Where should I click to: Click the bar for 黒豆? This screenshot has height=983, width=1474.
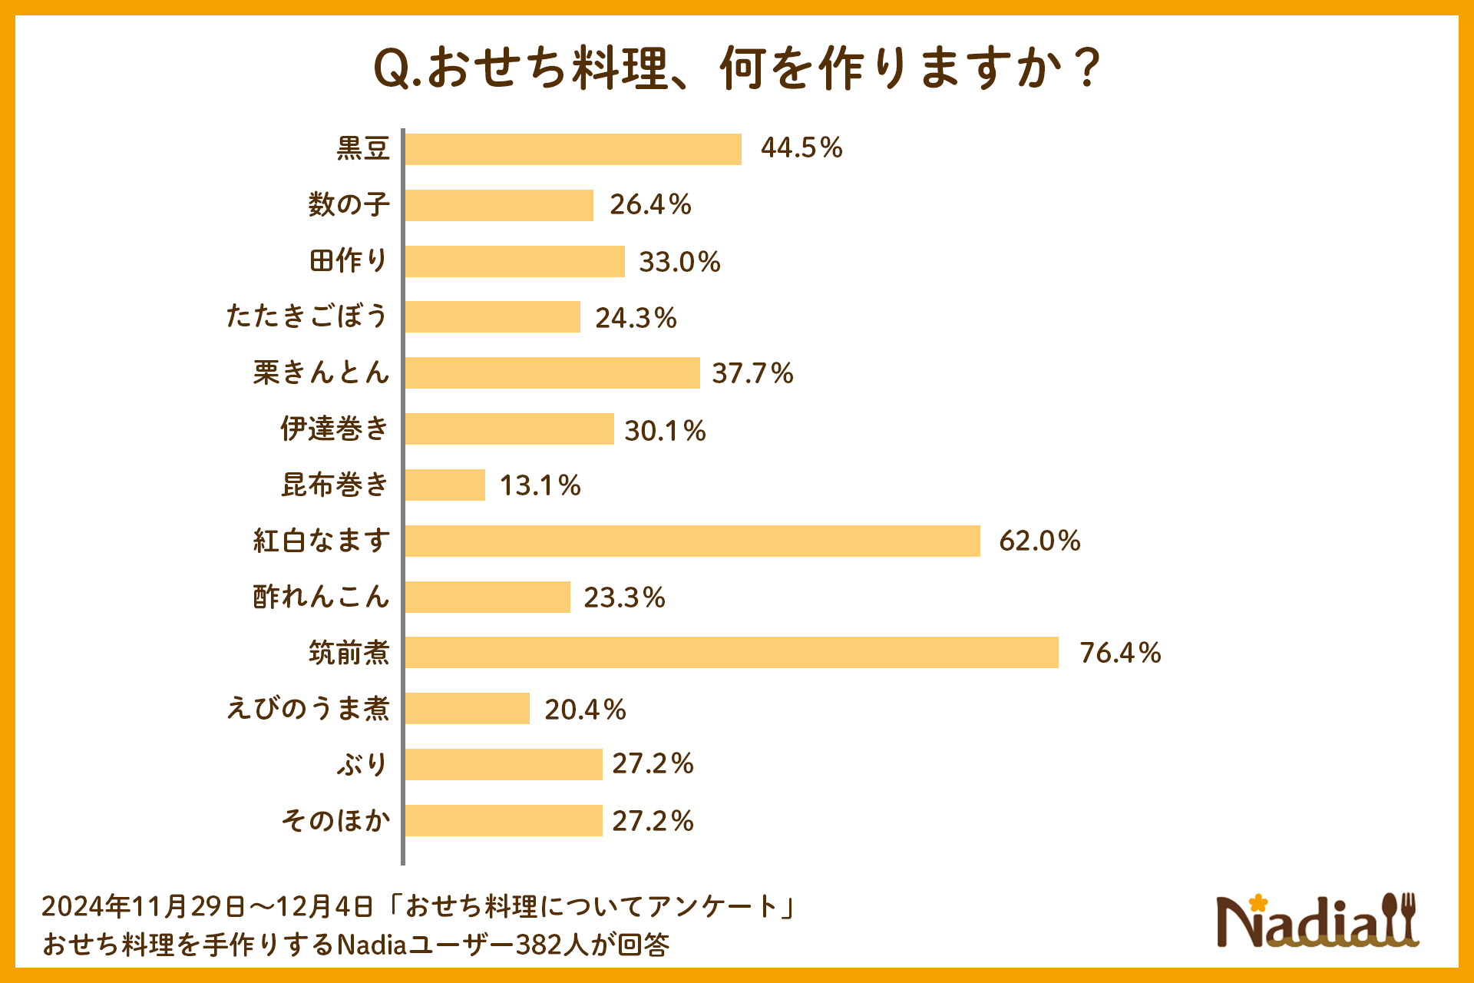click(573, 149)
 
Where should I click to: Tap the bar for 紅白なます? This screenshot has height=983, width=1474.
click(692, 541)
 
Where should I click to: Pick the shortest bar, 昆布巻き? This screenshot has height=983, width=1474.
click(445, 485)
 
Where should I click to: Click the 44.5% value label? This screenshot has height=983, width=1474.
click(801, 147)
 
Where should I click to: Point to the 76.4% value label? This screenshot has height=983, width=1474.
click(1119, 653)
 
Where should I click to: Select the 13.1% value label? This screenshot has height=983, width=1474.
click(540, 485)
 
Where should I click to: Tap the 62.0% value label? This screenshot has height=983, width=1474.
click(1039, 541)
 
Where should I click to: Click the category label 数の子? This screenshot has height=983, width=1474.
click(349, 204)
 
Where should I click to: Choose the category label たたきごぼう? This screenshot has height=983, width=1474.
click(307, 316)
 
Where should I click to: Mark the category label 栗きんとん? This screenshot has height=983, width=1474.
click(321, 372)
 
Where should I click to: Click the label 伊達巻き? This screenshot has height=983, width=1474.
click(335, 429)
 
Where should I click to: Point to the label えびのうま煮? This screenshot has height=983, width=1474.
click(307, 708)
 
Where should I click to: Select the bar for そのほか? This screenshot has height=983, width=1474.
click(503, 820)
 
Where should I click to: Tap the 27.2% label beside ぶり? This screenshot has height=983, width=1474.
click(653, 763)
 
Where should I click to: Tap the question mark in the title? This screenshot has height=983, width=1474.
click(1087, 68)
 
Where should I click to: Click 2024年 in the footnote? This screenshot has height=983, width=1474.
click(85, 906)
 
